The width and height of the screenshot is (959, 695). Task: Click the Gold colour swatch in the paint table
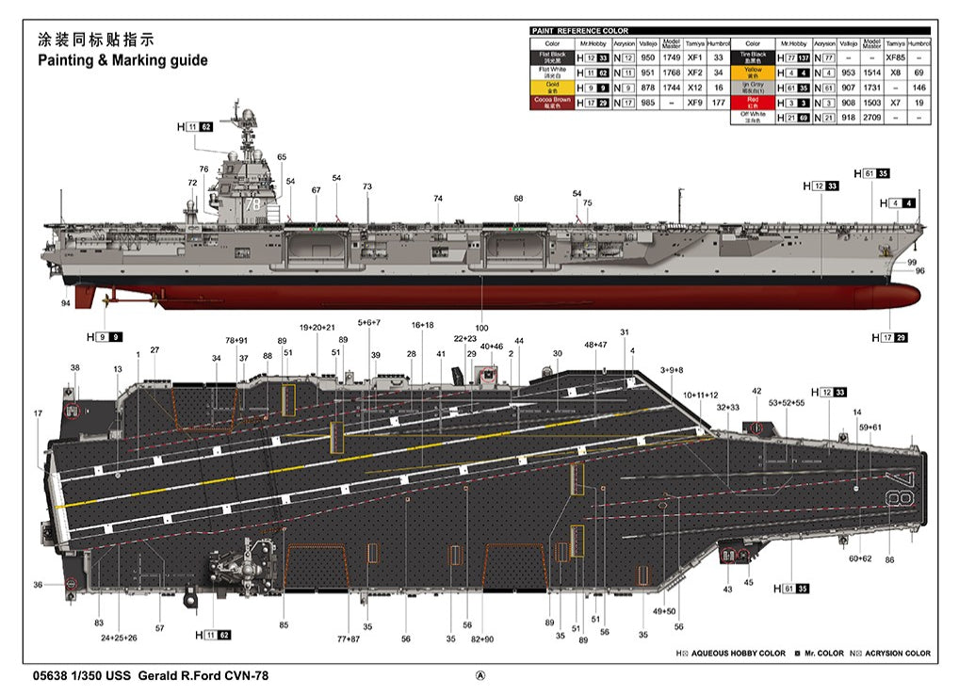(x=551, y=87)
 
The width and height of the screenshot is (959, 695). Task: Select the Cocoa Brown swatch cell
(x=551, y=102)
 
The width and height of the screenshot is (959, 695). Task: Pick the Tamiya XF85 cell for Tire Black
(x=895, y=57)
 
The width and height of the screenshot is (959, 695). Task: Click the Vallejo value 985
(x=647, y=102)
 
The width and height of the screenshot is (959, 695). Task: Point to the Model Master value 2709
(x=871, y=117)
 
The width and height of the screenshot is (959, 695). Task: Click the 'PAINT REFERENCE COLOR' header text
(x=580, y=31)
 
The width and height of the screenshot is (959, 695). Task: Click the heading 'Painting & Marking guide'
(x=122, y=60)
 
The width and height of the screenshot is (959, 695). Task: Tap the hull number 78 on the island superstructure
(x=251, y=202)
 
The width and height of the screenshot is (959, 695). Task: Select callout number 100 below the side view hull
(x=482, y=328)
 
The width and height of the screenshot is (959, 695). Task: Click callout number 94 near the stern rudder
(x=65, y=303)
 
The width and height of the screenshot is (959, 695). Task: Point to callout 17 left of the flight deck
(x=38, y=413)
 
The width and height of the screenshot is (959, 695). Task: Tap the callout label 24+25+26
(x=120, y=638)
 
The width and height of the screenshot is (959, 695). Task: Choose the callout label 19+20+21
(x=317, y=327)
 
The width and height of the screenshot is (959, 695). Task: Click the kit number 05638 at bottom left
(x=49, y=675)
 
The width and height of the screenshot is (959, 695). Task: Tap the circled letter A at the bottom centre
(x=480, y=675)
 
